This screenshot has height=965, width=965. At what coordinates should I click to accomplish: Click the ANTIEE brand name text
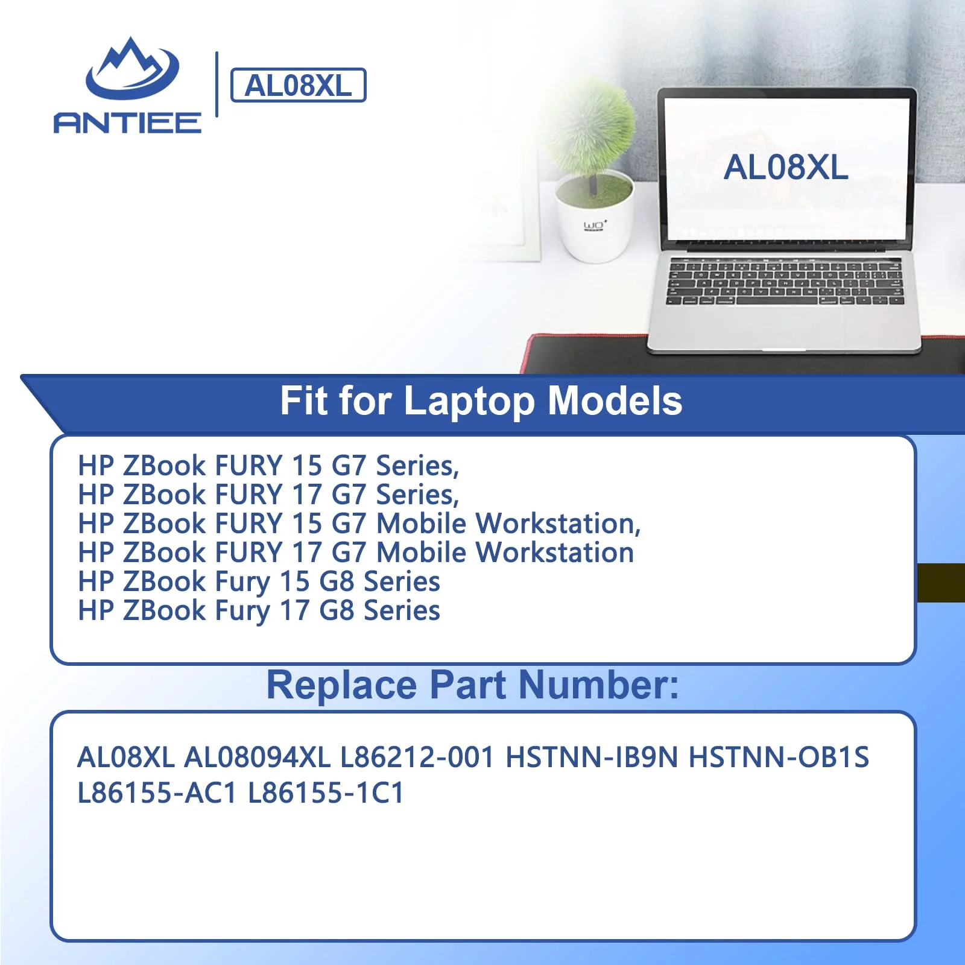click(127, 122)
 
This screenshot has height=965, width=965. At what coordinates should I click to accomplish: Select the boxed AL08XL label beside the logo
click(299, 85)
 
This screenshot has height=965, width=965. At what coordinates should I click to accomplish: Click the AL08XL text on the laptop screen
click(786, 167)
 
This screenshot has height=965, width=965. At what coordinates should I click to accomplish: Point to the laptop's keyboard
click(785, 282)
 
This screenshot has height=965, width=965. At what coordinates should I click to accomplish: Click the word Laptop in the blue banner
click(469, 402)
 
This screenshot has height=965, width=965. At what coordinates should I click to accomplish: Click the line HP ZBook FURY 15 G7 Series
click(268, 466)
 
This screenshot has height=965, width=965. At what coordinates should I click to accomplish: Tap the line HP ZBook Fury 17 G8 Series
click(259, 611)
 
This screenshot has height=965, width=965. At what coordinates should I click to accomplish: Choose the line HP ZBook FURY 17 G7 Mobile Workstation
click(356, 552)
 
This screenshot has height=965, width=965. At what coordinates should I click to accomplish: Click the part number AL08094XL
click(258, 758)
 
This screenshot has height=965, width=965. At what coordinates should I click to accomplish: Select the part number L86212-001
click(417, 758)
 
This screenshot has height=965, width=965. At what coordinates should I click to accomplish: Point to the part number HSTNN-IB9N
click(592, 758)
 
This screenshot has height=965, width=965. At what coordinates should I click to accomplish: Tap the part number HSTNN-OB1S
click(779, 758)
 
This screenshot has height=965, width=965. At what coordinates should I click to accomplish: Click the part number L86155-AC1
click(157, 793)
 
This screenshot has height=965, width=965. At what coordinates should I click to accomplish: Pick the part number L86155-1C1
click(326, 793)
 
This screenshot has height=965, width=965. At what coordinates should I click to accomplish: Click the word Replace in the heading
click(341, 686)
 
